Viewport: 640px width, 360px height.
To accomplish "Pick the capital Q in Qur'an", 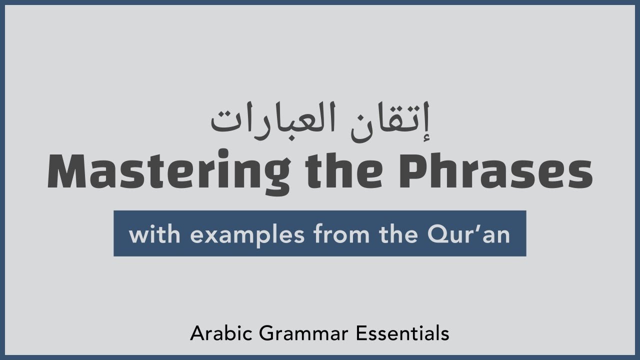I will pyautogui.click(x=437, y=234).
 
